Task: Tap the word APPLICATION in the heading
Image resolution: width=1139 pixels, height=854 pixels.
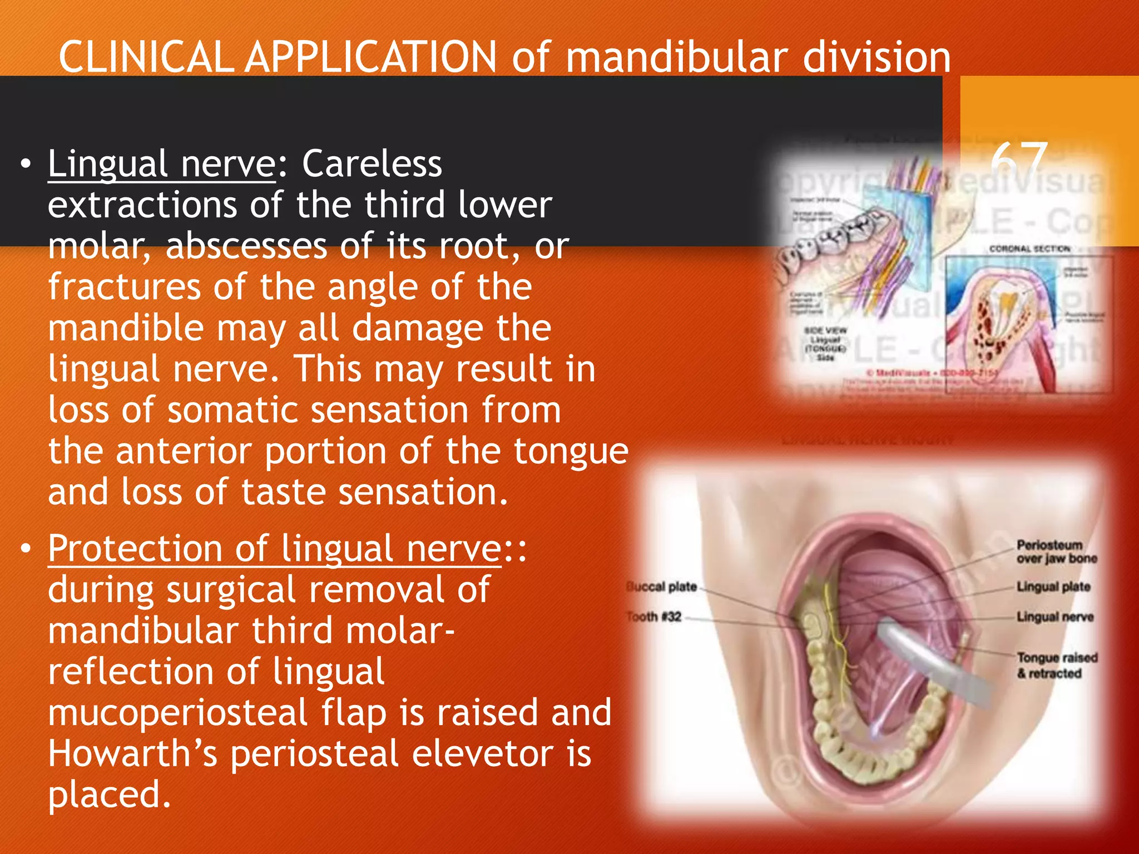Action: [371, 57]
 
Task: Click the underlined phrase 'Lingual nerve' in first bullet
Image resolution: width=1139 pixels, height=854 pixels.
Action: [161, 165]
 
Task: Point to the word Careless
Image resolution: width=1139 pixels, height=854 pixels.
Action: [372, 165]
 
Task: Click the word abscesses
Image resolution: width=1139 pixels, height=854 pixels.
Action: [246, 246]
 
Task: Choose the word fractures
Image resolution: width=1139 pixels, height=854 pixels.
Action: [124, 287]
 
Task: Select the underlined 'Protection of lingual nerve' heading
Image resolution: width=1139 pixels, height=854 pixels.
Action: [275, 549]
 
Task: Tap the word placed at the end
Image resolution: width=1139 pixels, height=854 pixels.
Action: [108, 795]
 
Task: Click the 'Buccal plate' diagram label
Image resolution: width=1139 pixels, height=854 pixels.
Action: [662, 587]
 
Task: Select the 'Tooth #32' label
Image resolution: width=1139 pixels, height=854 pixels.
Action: [654, 617]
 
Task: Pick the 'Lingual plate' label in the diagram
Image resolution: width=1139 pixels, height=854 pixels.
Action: [1053, 587]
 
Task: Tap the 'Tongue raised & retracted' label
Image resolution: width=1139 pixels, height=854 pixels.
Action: [1056, 666]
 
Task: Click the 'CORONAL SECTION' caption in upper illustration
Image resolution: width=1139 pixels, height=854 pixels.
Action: [1029, 249]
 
